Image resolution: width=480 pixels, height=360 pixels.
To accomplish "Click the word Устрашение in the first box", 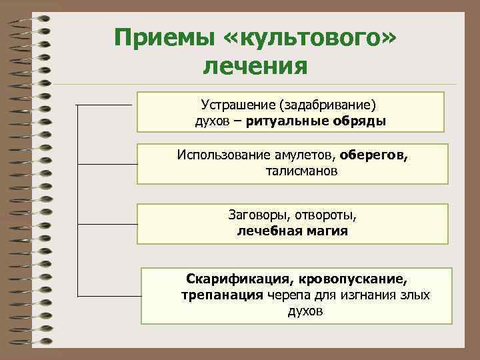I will [x=239, y=105].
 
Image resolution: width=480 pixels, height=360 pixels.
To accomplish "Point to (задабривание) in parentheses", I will [x=328, y=105].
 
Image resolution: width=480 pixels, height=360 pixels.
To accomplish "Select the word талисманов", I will [x=293, y=171].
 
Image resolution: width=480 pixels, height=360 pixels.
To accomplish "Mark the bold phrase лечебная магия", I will [x=292, y=232].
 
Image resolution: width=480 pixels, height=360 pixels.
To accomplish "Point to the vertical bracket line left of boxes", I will [x=79, y=200].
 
